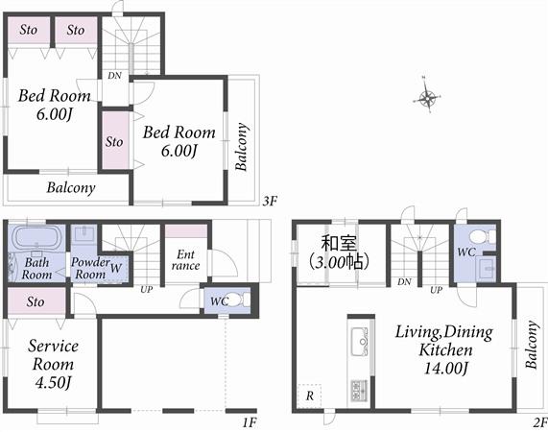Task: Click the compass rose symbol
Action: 428,96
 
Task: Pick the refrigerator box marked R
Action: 309,395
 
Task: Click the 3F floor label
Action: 270,202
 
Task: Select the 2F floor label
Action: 538,420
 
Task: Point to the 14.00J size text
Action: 444,368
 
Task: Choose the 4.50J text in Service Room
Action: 53,382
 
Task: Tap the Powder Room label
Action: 88,267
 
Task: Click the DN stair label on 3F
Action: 114,75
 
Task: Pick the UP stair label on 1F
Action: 146,289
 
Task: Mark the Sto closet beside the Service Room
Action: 36,302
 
